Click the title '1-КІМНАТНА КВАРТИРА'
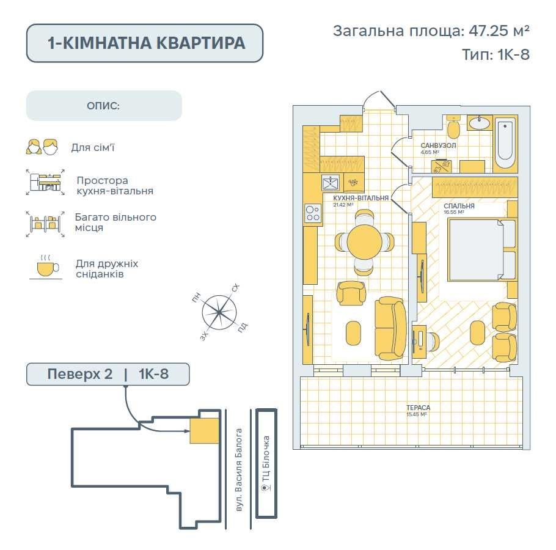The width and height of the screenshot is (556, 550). point(145,43)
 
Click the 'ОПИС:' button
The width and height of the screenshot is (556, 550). point(104,106)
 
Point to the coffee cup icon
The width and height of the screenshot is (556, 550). point(46,268)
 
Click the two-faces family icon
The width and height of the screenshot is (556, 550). point(42,147)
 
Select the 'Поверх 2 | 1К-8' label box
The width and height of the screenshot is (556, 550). point(108,373)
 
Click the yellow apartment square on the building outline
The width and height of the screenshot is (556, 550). point(204,430)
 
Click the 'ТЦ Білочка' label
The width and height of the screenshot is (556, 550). point(266,465)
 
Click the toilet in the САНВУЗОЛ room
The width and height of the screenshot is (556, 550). point(454,129)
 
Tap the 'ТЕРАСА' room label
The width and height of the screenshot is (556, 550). point(418,407)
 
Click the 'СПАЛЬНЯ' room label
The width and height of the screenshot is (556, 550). point(459,207)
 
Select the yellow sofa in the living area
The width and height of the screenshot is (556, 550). point(389,328)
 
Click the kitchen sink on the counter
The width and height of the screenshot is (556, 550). point(331,182)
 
